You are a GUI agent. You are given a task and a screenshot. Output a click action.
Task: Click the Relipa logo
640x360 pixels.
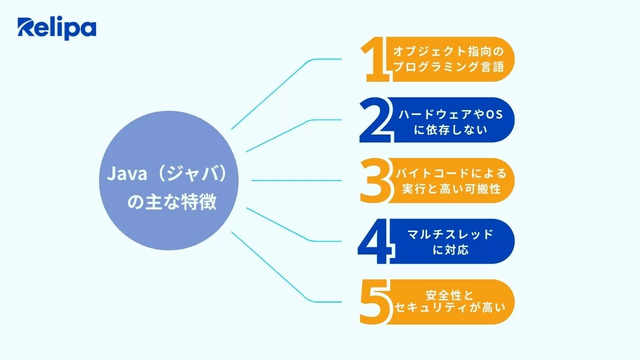click(56, 28)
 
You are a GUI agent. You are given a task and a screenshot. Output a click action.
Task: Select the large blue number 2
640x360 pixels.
click(375, 120)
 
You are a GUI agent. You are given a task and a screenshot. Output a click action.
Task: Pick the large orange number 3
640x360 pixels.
click(375, 180)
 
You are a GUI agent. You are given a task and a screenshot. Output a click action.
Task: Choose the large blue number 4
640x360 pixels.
click(373, 241)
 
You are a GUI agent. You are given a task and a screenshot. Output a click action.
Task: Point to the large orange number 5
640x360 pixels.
click(375, 301)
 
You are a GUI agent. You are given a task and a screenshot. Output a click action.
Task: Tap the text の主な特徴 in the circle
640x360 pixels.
click(172, 202)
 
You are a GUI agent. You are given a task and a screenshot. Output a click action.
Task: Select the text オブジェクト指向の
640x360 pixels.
click(447, 51)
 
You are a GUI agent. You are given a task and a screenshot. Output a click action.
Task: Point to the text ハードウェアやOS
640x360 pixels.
click(450, 114)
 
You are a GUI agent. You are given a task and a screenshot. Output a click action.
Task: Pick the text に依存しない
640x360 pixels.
click(450, 130)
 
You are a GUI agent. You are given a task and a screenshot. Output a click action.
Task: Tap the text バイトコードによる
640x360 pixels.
click(450, 174)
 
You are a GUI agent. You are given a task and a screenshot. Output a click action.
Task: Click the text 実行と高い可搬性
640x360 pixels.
click(450, 190)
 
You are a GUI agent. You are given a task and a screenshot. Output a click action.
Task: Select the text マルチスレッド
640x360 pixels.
click(450, 234)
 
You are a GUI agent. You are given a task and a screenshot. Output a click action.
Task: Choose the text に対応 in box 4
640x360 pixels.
click(450, 250)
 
